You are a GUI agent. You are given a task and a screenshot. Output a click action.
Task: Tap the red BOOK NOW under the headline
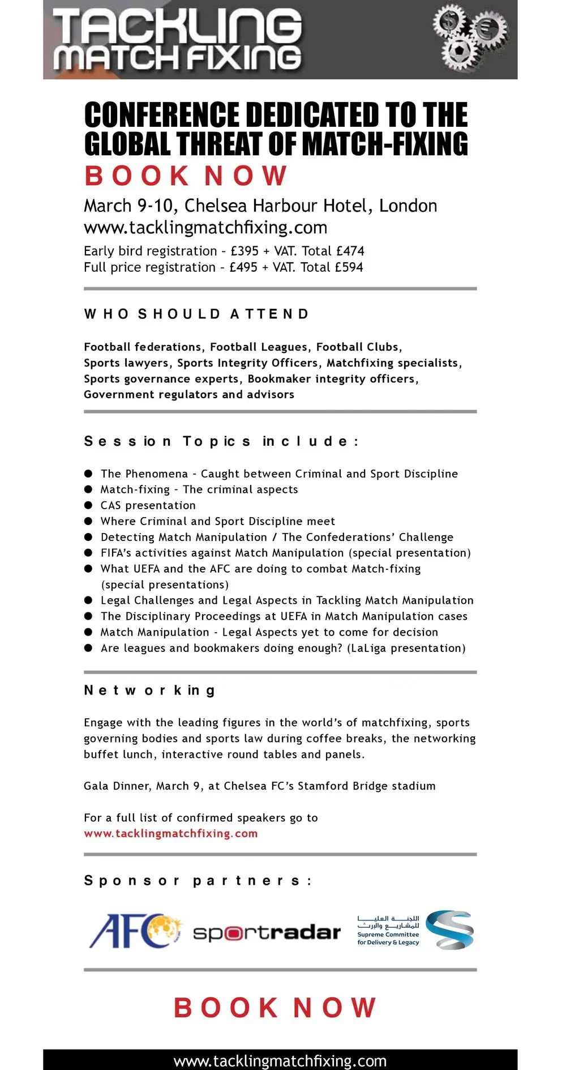(x=186, y=176)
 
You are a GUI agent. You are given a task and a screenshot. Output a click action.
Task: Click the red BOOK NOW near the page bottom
(x=275, y=1008)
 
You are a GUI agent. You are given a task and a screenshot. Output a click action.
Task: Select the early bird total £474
(x=350, y=251)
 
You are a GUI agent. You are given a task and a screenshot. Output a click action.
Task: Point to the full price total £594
(x=349, y=267)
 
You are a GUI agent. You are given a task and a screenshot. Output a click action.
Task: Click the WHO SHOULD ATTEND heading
(x=196, y=314)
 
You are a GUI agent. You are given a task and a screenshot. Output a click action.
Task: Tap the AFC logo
(x=135, y=931)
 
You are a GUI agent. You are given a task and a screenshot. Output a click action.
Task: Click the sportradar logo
(x=267, y=932)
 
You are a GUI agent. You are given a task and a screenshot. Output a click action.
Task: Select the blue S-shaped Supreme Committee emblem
(x=450, y=930)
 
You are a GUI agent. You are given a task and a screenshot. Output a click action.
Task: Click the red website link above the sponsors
(x=171, y=834)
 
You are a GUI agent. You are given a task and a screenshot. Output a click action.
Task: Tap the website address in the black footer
(x=280, y=1061)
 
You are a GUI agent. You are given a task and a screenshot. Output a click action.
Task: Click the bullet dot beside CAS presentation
(x=88, y=505)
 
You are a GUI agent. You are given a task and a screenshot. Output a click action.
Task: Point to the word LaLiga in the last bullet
(x=368, y=648)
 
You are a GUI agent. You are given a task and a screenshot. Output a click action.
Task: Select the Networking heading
(x=149, y=690)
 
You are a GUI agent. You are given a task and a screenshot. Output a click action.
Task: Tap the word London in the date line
(x=408, y=206)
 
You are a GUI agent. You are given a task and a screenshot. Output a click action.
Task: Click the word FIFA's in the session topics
(x=119, y=553)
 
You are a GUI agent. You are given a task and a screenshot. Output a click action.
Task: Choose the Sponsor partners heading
(x=198, y=881)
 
